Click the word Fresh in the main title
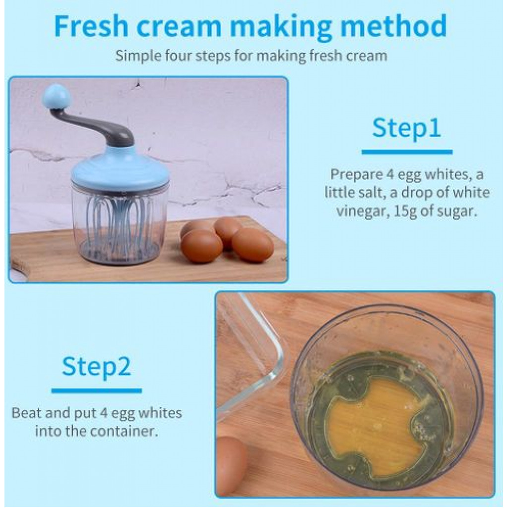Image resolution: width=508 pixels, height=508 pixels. coord(91,26)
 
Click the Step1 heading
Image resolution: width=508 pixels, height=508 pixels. coord(406,128)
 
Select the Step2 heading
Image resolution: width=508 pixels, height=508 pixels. coord(96,366)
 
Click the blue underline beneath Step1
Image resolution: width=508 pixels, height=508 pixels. coord(407,152)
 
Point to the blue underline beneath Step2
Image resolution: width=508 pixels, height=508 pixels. coord(97,391)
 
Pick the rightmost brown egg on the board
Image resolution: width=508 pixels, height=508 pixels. coord(253,244)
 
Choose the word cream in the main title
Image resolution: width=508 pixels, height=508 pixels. coord(179,26)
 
